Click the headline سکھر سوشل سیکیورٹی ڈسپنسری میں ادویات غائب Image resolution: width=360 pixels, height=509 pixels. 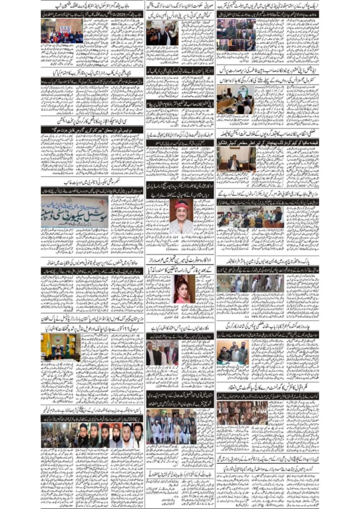(92, 182)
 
